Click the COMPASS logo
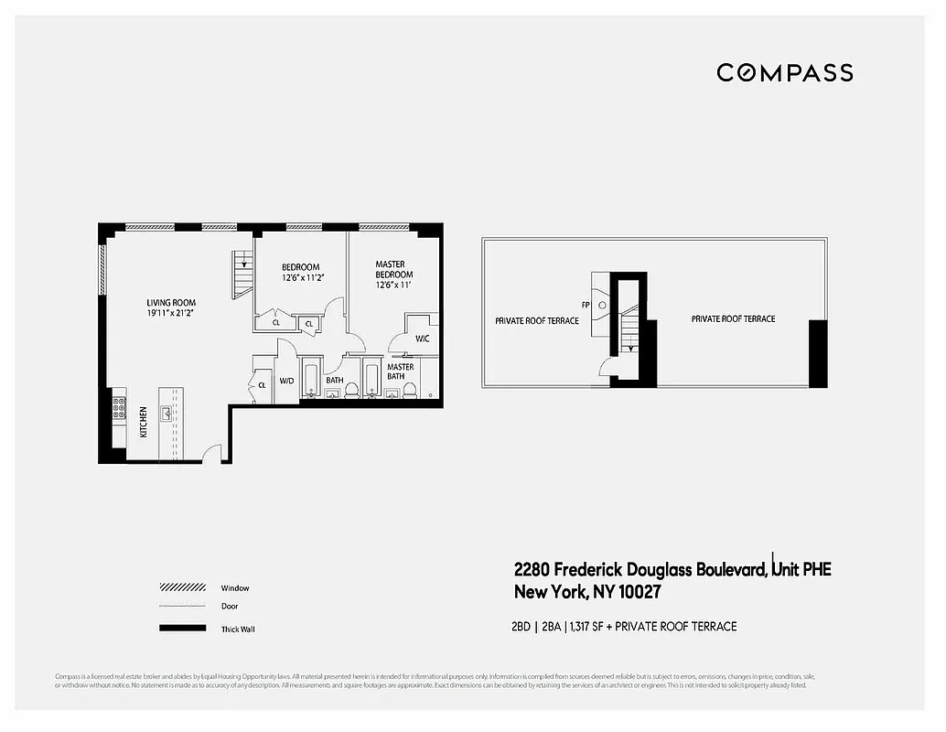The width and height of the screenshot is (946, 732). coord(784,73)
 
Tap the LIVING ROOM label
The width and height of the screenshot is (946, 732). coord(171,303)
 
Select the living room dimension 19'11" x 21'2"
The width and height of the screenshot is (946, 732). coord(171,314)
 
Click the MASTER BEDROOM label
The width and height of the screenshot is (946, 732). coord(393,270)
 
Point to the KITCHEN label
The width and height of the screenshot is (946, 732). coord(144,422)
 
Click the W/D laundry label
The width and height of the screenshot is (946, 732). coord(286,381)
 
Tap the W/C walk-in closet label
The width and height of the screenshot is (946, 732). coord(422,339)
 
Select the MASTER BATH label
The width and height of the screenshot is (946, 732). coord(400,371)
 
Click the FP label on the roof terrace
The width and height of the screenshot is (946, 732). coord(585,305)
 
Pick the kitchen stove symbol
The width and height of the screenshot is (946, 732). coord(117,407)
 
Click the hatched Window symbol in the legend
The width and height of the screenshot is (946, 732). coord(182,587)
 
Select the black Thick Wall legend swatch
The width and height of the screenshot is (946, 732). coord(182,629)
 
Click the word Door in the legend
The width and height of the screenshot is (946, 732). coord(230,606)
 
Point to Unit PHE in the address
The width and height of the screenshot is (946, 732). coord(801,570)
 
